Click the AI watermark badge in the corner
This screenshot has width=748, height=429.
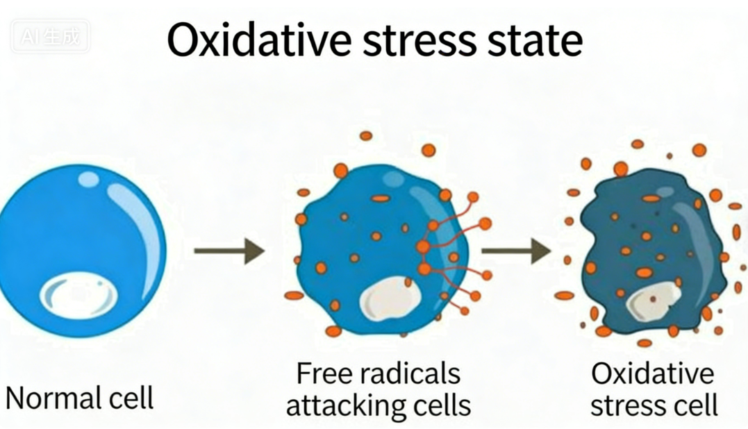[49, 37]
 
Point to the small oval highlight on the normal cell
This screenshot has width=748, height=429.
[88, 180]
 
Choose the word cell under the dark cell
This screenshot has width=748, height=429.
[695, 405]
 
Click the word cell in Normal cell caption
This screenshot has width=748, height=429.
[128, 399]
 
